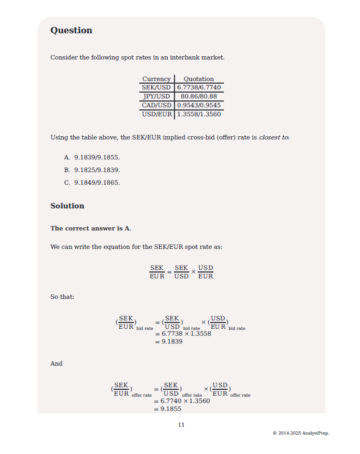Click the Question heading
pos(71,31)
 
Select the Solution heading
pos(67,206)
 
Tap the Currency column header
pos(157,79)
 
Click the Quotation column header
pos(199,79)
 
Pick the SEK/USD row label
pos(157,87)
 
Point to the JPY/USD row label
pos(157,96)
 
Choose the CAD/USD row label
pos(157,105)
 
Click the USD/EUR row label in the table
pos(157,114)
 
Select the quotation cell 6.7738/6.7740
pos(199,87)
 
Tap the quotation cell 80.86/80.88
pos(199,96)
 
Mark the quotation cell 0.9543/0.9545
pos(199,105)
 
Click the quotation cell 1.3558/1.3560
pos(199,114)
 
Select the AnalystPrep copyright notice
pos(301,433)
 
